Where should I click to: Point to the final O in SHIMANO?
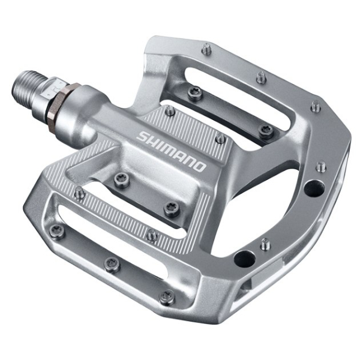tap(200, 166)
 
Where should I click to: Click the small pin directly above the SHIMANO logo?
tap(170, 111)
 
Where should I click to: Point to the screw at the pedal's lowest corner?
tap(167, 296)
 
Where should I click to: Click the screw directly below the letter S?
tap(121, 178)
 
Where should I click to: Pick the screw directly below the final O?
tap(170, 208)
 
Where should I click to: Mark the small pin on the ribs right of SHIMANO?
tap(220, 139)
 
